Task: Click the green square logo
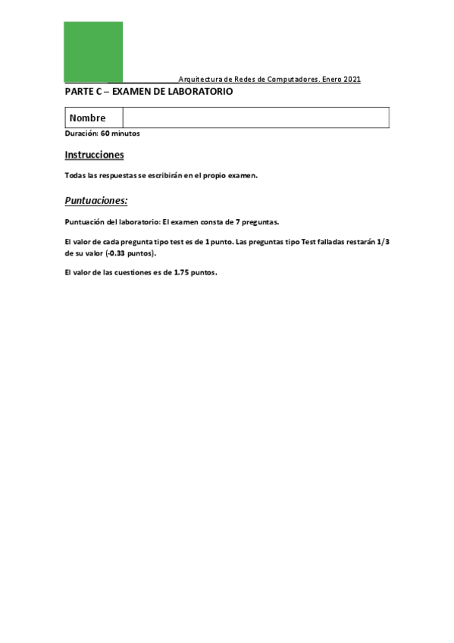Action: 93,51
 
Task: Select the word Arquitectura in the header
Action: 199,80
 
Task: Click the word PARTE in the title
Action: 78,92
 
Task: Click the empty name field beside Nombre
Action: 255,118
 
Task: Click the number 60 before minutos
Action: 105,133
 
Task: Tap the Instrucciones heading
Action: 94,155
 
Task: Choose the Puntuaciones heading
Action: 96,201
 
